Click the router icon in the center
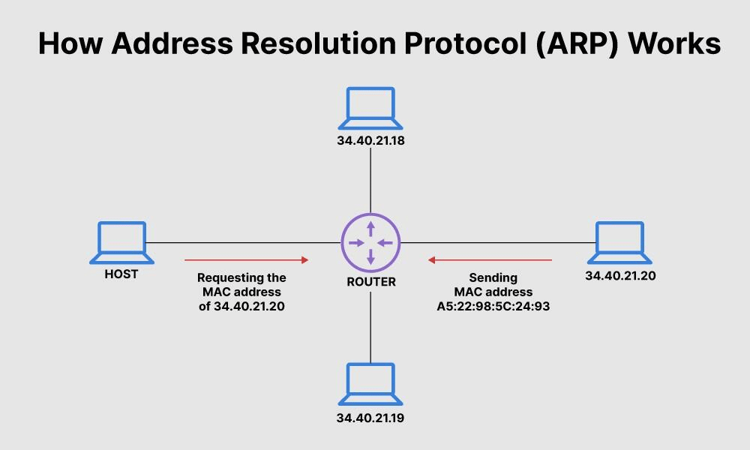[370, 243]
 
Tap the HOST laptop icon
[121, 242]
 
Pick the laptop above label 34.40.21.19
[370, 384]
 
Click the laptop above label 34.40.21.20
[619, 242]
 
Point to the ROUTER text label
[370, 282]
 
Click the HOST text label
[121, 274]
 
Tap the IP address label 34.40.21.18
[370, 140]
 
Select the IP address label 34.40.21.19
[370, 418]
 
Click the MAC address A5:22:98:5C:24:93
[493, 306]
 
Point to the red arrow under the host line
[247, 259]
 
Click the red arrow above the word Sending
[490, 259]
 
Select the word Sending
[493, 277]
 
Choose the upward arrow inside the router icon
[370, 227]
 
